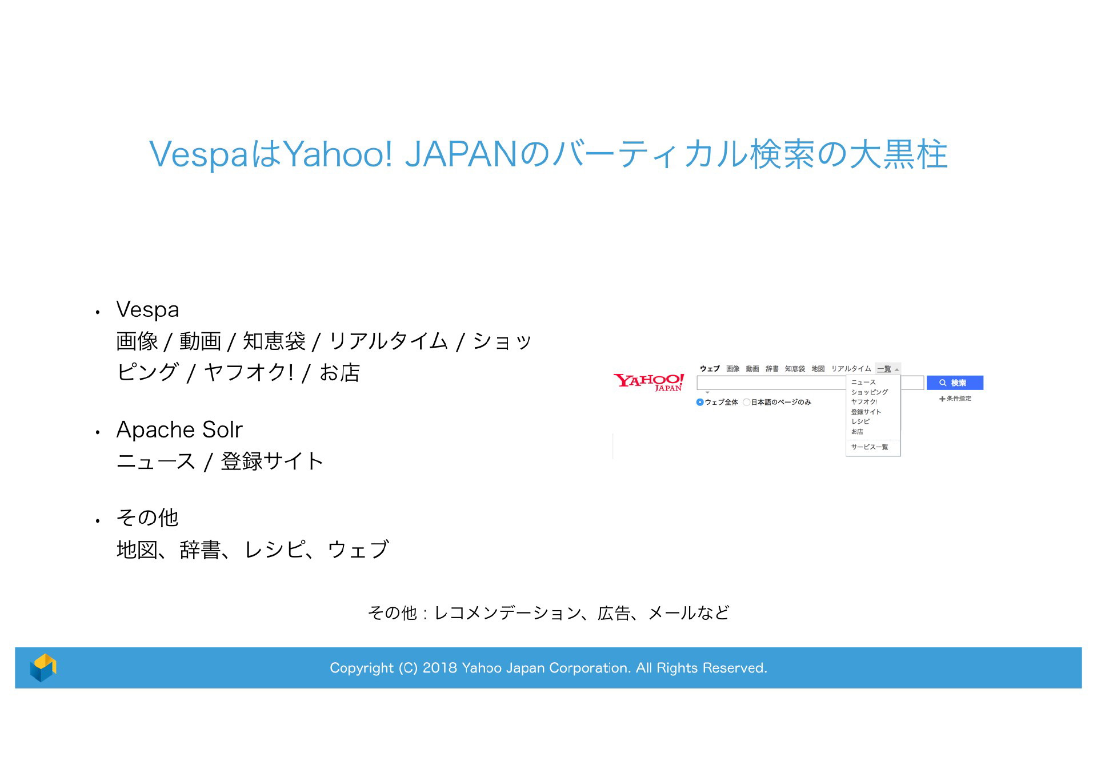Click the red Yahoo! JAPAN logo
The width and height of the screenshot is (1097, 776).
(648, 382)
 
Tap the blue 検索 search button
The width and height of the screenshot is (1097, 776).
(955, 383)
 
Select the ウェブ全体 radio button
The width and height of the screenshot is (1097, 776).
(700, 402)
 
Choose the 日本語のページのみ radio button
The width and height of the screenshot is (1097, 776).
(746, 402)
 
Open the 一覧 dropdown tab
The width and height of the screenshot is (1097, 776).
(887, 369)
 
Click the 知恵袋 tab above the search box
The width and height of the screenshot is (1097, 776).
(795, 369)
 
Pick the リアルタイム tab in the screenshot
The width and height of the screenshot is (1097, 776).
(851, 369)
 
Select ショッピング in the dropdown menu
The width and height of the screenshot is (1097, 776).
(870, 392)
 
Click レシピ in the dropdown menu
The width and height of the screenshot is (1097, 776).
(860, 421)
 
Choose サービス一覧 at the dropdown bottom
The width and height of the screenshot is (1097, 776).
(870, 447)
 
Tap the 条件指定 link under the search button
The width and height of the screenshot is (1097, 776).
(955, 399)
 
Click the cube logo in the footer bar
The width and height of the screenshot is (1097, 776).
(43, 667)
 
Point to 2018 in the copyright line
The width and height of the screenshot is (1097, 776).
(439, 668)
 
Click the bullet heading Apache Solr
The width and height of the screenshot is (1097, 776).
(179, 429)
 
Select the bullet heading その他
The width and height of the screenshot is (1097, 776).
(147, 518)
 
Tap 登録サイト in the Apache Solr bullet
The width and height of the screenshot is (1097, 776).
(272, 461)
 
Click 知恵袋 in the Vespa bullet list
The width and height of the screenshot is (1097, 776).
(274, 341)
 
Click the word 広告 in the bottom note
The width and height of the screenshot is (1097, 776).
(614, 613)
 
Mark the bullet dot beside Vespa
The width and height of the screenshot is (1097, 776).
(98, 312)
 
